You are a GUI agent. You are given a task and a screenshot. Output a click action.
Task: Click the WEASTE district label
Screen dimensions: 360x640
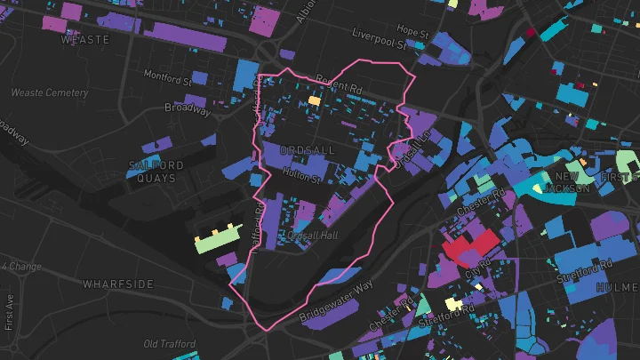pos(85,40)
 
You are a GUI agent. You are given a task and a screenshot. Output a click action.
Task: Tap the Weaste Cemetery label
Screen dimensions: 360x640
pos(50,92)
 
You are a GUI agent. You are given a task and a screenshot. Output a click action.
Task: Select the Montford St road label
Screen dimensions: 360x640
pos(167,77)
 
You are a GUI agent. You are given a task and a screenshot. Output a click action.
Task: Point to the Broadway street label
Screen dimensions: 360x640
pos(188,108)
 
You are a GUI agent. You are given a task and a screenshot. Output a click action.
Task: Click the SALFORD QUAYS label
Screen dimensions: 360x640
pos(156,172)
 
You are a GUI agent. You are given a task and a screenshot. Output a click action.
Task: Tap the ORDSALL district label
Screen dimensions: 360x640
pos(307,150)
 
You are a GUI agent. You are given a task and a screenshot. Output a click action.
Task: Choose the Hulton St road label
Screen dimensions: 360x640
pos(301,174)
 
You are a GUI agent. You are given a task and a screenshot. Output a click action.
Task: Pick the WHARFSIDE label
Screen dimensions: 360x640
pos(118,284)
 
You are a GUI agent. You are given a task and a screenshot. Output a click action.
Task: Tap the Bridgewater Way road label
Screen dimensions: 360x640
pos(337,302)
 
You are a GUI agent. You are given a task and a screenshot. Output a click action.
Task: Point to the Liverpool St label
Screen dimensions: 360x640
pos(379,38)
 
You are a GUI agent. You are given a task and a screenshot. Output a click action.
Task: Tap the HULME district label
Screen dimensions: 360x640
pos(617,287)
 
